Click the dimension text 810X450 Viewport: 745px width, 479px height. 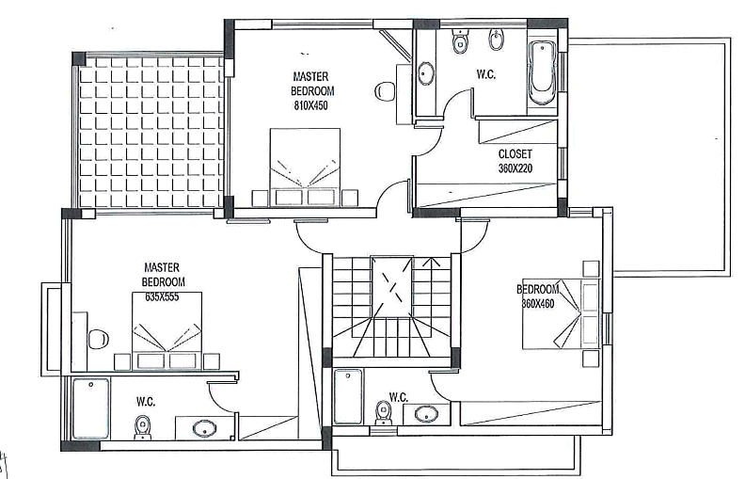pos(310,105)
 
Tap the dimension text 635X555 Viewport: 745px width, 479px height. pos(162,297)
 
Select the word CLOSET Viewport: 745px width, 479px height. pos(515,154)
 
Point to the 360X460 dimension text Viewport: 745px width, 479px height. pos(538,304)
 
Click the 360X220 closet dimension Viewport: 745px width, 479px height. pos(515,168)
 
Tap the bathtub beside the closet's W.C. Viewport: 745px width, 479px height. pos(542,73)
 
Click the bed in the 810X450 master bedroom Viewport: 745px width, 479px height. pos(305,168)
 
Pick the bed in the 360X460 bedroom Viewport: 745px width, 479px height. pos(562,313)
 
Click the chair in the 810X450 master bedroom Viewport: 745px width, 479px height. pos(385,91)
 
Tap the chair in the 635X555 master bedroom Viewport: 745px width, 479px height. pos(99,339)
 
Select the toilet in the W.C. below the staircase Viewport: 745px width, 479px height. pos(383,413)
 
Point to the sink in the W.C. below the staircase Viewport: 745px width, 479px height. pos(427,413)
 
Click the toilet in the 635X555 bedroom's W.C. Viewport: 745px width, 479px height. pos(142,428)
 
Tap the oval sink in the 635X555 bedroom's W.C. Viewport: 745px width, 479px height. pos(205,428)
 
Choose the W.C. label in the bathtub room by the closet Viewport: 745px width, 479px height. pos(486,74)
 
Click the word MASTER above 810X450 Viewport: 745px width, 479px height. pos(310,76)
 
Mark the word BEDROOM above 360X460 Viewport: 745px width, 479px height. pos(538,289)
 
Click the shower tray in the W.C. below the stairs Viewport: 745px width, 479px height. pos(348,396)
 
